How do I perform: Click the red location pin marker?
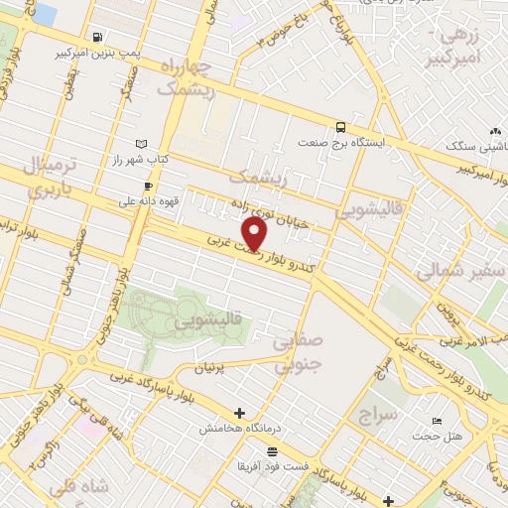pos(256,234)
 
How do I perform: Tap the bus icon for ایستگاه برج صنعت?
pos(340,127)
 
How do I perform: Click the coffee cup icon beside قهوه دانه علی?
pos(148,186)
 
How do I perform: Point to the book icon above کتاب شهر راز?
pos(141,144)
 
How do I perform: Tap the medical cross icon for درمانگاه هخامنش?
pos(238,413)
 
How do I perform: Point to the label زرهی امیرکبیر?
pos(460,48)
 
